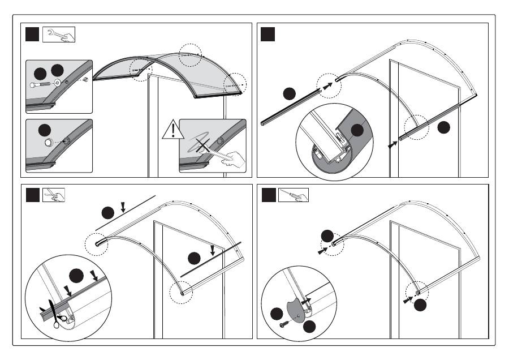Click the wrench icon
[58, 34]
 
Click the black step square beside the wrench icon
[33, 34]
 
